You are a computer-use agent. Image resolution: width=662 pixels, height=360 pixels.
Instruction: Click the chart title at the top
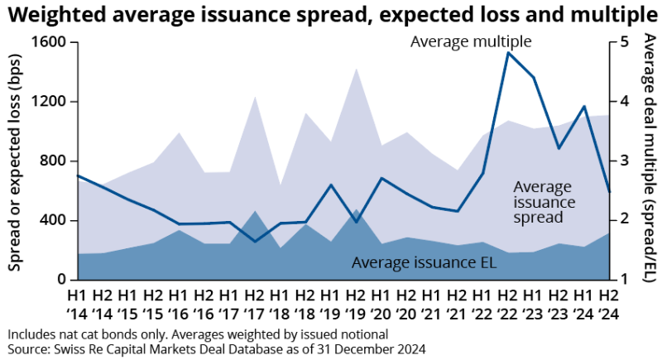click(330, 14)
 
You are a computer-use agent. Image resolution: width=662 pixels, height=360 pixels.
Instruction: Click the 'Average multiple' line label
click(470, 41)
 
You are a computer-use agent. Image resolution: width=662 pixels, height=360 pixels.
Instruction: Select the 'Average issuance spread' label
click(539, 203)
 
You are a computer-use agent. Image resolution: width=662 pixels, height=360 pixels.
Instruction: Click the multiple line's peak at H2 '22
click(507, 52)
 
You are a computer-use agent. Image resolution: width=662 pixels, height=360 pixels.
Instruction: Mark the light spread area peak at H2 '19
click(356, 69)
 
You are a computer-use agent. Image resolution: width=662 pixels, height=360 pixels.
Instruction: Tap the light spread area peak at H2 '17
click(255, 97)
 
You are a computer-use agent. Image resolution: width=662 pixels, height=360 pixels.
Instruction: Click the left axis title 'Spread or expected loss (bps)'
click(15, 157)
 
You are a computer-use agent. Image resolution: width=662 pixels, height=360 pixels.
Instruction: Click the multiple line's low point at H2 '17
click(255, 242)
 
